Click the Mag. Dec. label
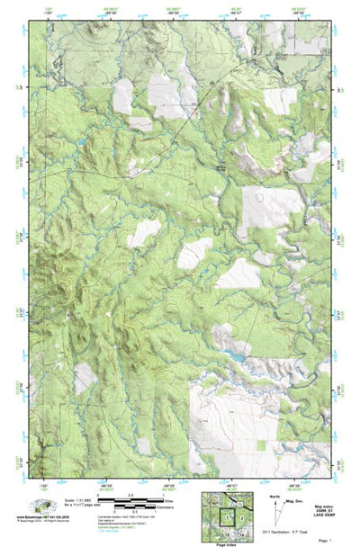point(293,500)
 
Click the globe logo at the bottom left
point(40,507)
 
